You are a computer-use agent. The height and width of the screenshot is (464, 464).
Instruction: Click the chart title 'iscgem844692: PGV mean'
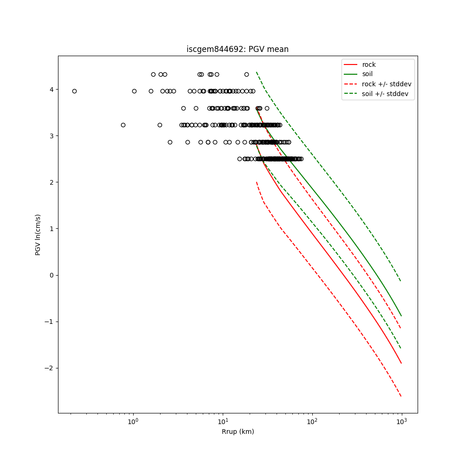(x=237, y=49)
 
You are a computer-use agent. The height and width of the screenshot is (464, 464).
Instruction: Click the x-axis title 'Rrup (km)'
(x=238, y=432)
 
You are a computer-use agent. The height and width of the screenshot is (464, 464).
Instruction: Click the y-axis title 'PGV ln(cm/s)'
(x=38, y=234)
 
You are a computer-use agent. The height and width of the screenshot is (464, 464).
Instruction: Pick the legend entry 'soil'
(x=367, y=74)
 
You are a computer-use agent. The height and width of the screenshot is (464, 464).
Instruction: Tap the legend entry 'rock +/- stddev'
(x=387, y=84)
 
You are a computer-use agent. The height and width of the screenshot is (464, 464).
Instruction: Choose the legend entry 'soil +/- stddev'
(x=386, y=93)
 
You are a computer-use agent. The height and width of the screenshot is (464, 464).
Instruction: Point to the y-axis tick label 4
(x=52, y=90)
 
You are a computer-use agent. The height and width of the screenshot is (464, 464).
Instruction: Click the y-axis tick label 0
(x=52, y=275)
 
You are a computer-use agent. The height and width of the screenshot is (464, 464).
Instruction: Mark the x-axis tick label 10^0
(x=133, y=420)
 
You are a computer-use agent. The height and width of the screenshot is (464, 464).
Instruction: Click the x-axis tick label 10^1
(x=223, y=420)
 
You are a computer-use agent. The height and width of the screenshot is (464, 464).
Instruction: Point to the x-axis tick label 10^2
(x=312, y=420)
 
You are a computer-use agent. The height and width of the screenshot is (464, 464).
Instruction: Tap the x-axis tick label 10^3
(x=402, y=420)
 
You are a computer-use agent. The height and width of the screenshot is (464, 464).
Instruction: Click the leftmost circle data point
(x=74, y=91)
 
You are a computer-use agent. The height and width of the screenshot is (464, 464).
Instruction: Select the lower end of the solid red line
(x=401, y=363)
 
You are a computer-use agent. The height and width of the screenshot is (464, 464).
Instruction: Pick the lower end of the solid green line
(x=401, y=316)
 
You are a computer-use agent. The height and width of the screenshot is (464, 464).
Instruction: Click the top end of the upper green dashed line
(x=257, y=72)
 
